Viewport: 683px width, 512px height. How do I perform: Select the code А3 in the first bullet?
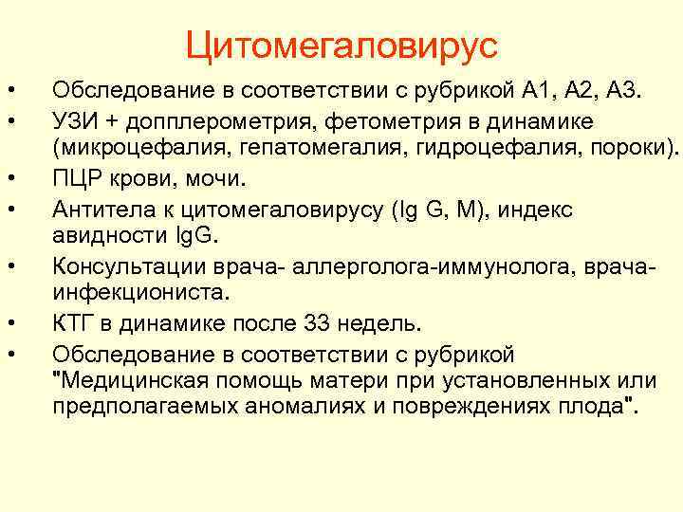point(624,91)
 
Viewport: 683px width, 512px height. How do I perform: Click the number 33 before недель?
point(320,324)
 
